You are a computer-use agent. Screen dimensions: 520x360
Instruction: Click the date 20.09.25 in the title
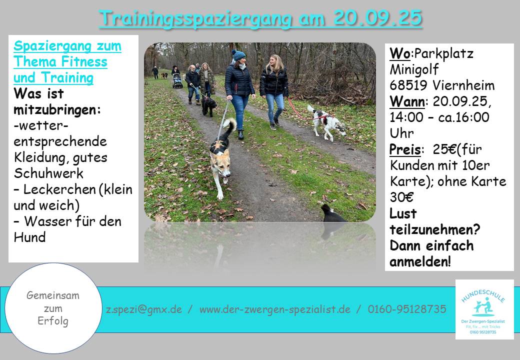click(377, 18)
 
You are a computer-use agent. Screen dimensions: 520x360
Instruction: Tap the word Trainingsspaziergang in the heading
click(195, 19)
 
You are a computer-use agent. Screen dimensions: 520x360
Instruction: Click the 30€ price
click(401, 197)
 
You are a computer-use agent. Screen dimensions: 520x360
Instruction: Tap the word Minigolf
click(414, 70)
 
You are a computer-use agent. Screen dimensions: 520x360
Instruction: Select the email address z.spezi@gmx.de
click(144, 309)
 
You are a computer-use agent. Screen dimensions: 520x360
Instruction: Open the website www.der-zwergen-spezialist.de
click(275, 309)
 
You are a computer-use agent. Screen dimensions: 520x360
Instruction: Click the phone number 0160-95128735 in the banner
click(407, 309)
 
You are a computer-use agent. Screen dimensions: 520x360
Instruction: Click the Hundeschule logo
click(484, 309)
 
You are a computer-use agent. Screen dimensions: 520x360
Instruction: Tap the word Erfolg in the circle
click(53, 321)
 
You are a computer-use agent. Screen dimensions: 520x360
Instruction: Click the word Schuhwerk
click(48, 173)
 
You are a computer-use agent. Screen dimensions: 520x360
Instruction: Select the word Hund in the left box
click(29, 237)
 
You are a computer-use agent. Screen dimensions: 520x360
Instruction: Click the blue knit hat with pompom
click(238, 54)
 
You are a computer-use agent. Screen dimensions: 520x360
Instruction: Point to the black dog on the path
click(209, 105)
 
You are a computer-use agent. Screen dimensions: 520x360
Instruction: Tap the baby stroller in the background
click(177, 81)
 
